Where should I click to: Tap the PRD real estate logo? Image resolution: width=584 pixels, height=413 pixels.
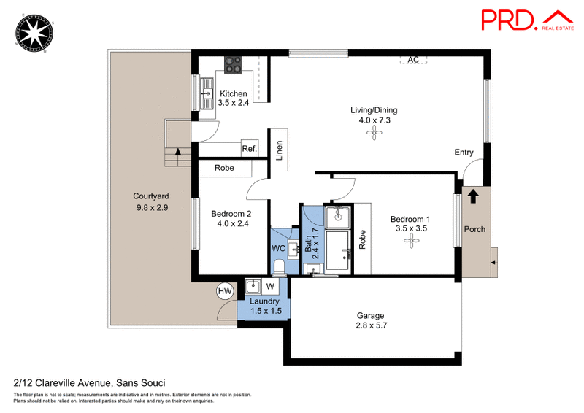(x=527, y=20)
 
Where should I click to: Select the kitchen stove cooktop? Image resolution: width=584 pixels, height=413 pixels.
(x=233, y=64)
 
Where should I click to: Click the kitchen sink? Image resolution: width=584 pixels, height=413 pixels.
(x=207, y=93)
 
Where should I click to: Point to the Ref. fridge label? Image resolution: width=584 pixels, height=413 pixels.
(x=250, y=149)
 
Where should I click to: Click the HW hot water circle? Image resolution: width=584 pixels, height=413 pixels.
(x=225, y=291)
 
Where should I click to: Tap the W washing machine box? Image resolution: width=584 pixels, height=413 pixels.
(x=270, y=286)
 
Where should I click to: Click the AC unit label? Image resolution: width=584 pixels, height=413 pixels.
(x=413, y=60)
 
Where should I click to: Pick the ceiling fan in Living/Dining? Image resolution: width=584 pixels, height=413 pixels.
(x=374, y=133)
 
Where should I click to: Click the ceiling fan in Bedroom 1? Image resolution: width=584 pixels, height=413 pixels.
(x=411, y=241)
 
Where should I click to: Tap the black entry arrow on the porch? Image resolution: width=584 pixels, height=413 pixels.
(x=473, y=196)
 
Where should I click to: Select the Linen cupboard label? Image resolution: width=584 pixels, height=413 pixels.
(x=279, y=150)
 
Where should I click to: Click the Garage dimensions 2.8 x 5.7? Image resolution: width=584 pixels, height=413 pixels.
(x=372, y=325)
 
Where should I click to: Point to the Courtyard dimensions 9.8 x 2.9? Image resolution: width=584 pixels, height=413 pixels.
(x=152, y=207)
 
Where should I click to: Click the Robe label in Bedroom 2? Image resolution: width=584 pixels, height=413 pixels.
(x=224, y=168)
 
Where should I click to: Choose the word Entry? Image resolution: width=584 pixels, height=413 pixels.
(x=464, y=153)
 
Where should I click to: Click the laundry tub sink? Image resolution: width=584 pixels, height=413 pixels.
(x=253, y=287)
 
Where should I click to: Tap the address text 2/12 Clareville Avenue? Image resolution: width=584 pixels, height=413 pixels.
(x=62, y=383)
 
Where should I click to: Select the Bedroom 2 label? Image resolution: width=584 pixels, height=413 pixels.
(x=231, y=214)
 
